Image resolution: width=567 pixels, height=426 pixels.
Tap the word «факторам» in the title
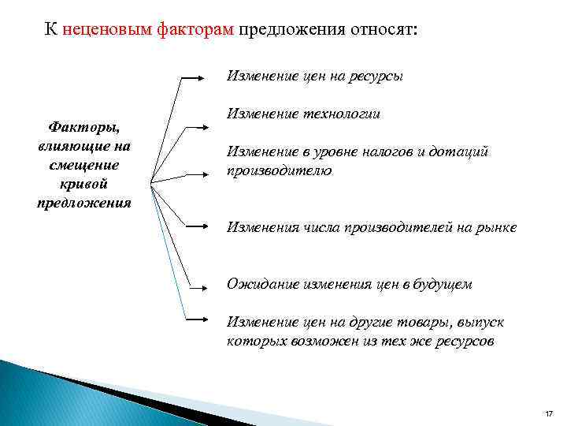click(x=197, y=30)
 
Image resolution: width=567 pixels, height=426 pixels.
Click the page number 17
click(x=549, y=414)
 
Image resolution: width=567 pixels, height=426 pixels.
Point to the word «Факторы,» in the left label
click(x=83, y=126)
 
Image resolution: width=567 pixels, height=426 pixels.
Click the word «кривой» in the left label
click(x=83, y=183)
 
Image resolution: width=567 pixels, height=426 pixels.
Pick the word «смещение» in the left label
click(x=83, y=164)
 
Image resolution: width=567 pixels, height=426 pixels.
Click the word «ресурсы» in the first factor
click(x=377, y=77)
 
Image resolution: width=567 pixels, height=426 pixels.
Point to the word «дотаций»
click(x=465, y=151)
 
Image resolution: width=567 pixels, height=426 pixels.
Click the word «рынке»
click(x=497, y=227)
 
